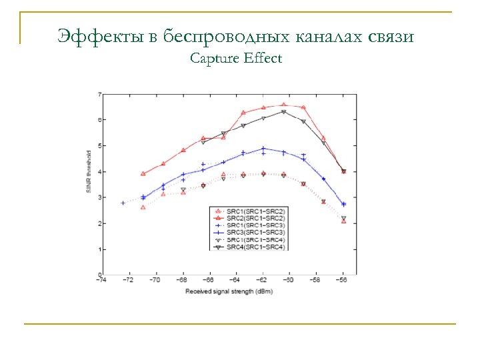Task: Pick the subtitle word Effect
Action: click(x=263, y=59)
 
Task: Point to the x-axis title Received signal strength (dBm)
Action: click(x=228, y=291)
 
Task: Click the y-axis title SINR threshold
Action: click(x=88, y=181)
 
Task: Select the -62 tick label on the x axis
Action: click(x=263, y=281)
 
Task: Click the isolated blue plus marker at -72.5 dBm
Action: click(x=123, y=203)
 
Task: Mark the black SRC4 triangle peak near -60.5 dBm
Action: click(x=283, y=112)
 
